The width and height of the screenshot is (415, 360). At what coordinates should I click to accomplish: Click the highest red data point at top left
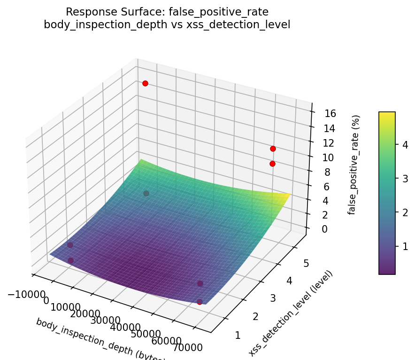[145, 83]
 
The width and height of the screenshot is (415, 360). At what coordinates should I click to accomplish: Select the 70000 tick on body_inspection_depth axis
[187, 348]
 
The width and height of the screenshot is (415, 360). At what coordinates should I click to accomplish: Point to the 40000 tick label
[128, 328]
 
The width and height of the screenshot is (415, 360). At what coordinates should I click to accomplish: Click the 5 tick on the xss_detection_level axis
[306, 264]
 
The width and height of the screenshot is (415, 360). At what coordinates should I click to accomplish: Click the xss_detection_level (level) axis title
[291, 313]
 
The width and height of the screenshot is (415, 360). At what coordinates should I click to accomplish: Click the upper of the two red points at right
[273, 149]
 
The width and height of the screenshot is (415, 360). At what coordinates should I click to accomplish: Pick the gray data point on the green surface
[146, 193]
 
